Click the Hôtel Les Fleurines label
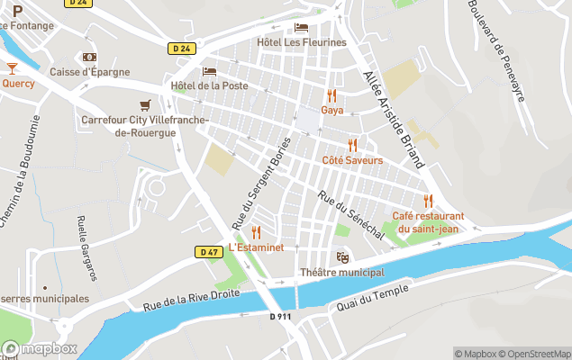(301, 42)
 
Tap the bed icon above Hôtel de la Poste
(209, 71)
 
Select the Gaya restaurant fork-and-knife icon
(331, 94)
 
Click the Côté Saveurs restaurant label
(352, 160)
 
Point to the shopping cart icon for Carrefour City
(144, 105)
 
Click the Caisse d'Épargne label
(89, 72)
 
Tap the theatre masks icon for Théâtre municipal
(341, 257)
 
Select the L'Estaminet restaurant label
(256, 247)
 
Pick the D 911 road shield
(280, 316)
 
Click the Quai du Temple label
(371, 297)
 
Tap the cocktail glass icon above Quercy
(12, 68)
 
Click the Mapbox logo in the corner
(40, 348)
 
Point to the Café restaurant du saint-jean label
(428, 222)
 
